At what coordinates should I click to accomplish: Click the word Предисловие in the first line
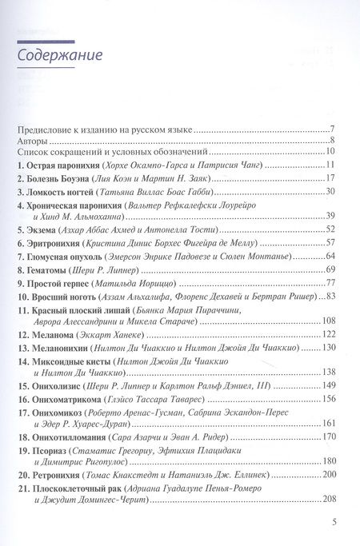click(x=47, y=128)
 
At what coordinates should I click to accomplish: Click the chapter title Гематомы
click(x=49, y=269)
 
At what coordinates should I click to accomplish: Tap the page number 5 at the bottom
click(x=331, y=522)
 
